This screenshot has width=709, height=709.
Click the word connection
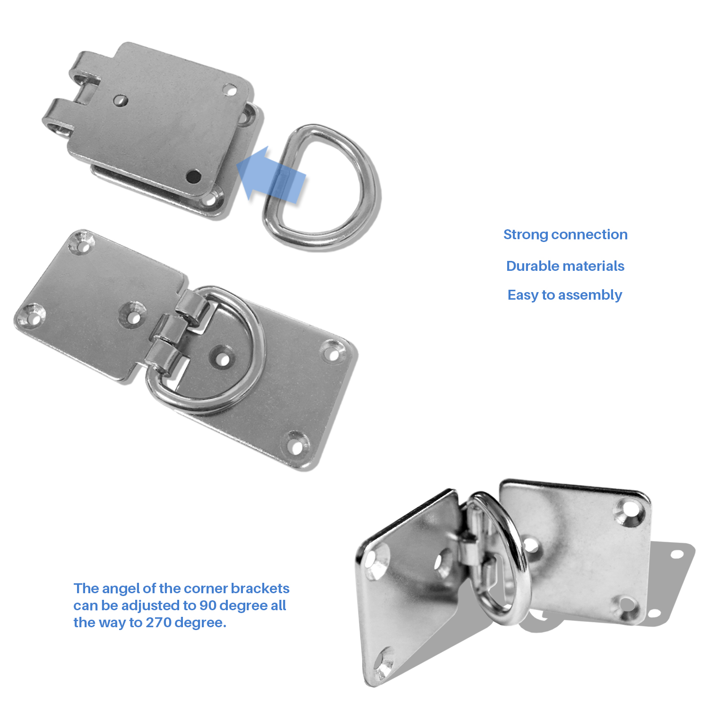[589, 234]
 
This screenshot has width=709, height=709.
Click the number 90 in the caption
[208, 605]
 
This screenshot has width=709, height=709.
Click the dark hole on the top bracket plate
[193, 177]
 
